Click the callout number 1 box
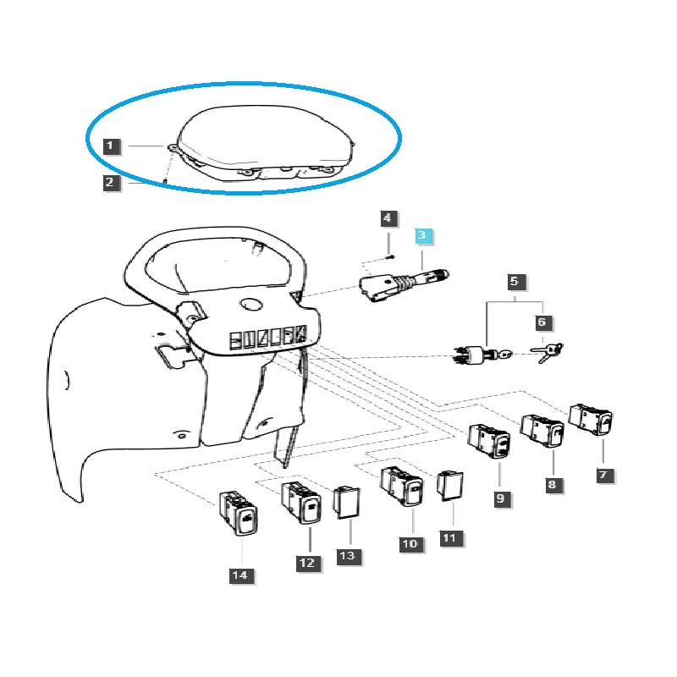pyautogui.click(x=111, y=146)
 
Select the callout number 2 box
pyautogui.click(x=111, y=183)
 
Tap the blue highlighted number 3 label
pyautogui.click(x=422, y=236)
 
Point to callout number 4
pyautogui.click(x=388, y=218)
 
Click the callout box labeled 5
pyautogui.click(x=515, y=282)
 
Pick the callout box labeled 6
pyautogui.click(x=542, y=322)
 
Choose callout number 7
pyautogui.click(x=604, y=476)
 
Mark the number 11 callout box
pyautogui.click(x=451, y=538)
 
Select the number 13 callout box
pyautogui.click(x=349, y=556)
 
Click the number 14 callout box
pyautogui.click(x=241, y=575)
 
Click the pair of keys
pyautogui.click(x=547, y=352)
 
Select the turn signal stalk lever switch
pyautogui.click(x=404, y=285)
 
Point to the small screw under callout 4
pyautogui.click(x=390, y=257)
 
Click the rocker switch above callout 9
pyautogui.click(x=490, y=440)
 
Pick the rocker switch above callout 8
pyautogui.click(x=542, y=430)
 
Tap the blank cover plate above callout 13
pyautogui.click(x=346, y=502)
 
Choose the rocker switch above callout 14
pyautogui.click(x=239, y=513)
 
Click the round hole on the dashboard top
pyautogui.click(x=250, y=304)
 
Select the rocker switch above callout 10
pyautogui.click(x=402, y=487)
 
